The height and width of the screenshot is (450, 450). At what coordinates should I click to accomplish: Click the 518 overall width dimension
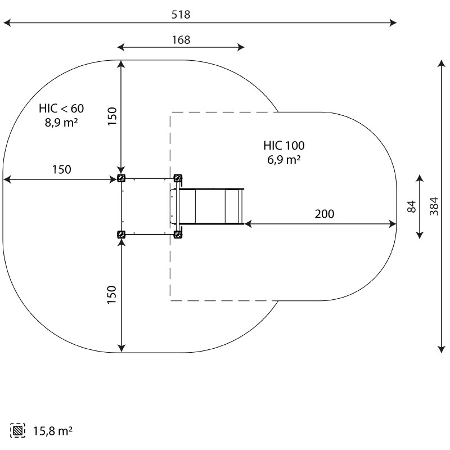click(x=181, y=15)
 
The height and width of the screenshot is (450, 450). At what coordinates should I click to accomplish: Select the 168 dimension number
click(x=181, y=39)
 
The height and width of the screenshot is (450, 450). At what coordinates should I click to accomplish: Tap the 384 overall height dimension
click(x=434, y=206)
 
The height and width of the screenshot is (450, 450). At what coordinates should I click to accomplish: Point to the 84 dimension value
click(x=412, y=206)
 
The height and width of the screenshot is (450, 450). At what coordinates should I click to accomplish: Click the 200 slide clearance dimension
click(x=325, y=214)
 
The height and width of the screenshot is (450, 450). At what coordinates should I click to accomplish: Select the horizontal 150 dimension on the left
click(x=61, y=169)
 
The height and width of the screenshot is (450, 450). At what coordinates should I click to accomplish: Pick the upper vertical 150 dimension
click(x=112, y=116)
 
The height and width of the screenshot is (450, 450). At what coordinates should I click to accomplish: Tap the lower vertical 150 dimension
click(x=111, y=294)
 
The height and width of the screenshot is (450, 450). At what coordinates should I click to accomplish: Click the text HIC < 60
click(x=61, y=109)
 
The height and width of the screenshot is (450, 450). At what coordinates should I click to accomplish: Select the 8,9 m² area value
click(x=61, y=123)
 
